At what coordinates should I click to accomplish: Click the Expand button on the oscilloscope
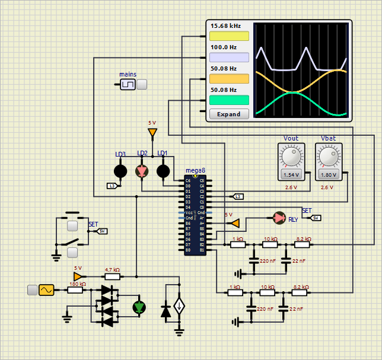pos(229,114)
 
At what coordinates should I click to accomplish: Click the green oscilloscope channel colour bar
pos(229,100)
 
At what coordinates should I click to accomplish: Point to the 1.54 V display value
pos(291,175)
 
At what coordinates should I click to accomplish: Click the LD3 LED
pos(120,171)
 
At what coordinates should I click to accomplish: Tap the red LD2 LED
pos(142,171)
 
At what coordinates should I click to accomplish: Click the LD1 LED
pos(163,171)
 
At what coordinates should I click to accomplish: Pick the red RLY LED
pos(279,218)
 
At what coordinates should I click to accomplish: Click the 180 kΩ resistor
pos(75,290)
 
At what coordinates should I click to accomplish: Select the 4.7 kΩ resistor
pos(112,276)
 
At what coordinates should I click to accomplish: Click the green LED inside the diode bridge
pos(139,307)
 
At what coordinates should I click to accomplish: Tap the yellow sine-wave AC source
pos(46,290)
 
